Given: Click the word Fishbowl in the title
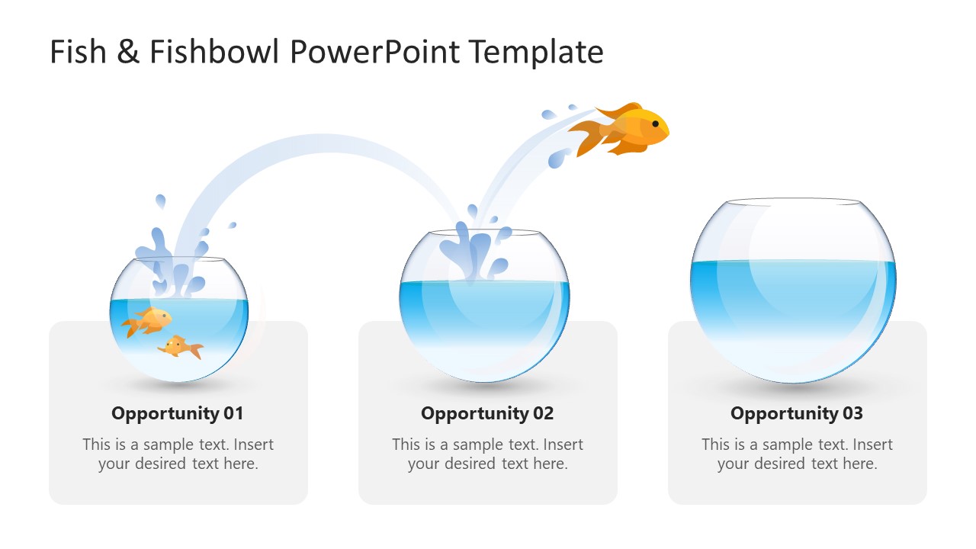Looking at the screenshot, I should pyautogui.click(x=216, y=52).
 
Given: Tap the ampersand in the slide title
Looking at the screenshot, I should pyautogui.click(x=127, y=52).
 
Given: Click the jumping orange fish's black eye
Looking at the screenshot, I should pyautogui.click(x=655, y=124).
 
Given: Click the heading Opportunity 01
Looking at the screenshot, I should pyautogui.click(x=178, y=413).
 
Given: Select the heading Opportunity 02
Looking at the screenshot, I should pyautogui.click(x=487, y=413).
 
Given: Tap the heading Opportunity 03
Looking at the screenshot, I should pyautogui.click(x=797, y=413).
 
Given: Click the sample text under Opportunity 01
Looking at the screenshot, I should pyautogui.click(x=178, y=454).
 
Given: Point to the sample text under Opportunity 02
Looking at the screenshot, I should pyautogui.click(x=487, y=454).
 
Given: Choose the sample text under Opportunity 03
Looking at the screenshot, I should pyautogui.click(x=797, y=454).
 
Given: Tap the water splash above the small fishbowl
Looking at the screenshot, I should pyautogui.click(x=172, y=263).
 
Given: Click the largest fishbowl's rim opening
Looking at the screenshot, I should pyautogui.click(x=793, y=202).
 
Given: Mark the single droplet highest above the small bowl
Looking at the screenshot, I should pyautogui.click(x=160, y=202).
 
